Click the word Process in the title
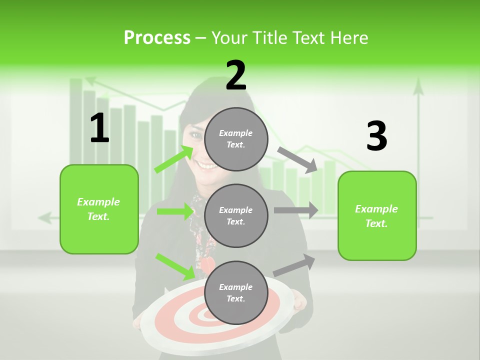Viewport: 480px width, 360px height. [x=157, y=38]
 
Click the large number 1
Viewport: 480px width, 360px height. [x=99, y=128]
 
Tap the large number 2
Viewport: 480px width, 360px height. [x=236, y=75]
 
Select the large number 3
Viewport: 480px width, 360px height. [x=376, y=136]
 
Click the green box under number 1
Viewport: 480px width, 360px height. [x=99, y=209]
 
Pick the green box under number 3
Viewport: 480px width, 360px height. [x=377, y=215]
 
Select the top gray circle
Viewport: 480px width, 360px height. [x=236, y=139]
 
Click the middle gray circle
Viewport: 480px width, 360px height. [x=236, y=215]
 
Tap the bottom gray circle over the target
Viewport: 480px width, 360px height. [x=236, y=292]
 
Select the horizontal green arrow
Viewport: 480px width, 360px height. [x=175, y=211]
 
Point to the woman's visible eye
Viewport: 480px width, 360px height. [x=197, y=135]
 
